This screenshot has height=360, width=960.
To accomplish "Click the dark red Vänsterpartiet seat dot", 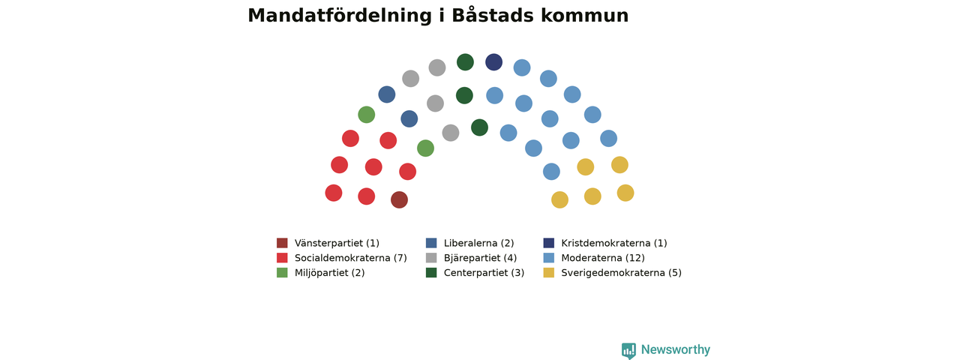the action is click(399, 199).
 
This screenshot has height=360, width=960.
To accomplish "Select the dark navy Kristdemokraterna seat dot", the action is click(493, 62).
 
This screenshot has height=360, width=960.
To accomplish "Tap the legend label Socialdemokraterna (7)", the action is click(350, 258).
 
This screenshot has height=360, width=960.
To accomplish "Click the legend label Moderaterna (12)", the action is click(603, 258).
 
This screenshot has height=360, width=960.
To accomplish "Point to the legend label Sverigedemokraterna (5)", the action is click(622, 273).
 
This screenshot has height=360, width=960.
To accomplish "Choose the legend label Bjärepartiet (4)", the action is click(481, 258).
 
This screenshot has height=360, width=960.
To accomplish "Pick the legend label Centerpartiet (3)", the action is click(484, 273).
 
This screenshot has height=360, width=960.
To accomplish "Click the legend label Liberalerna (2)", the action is click(478, 243).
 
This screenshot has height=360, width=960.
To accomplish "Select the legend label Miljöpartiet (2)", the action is click(329, 273).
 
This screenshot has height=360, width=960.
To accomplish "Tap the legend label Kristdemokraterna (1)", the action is click(614, 243).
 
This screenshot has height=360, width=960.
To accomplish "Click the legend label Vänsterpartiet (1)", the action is click(337, 243).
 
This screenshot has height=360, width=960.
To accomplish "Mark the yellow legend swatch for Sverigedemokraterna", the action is click(548, 272).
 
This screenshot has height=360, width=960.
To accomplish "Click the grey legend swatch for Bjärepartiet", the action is click(431, 257).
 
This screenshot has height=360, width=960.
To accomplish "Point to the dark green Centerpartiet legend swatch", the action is click(431, 272).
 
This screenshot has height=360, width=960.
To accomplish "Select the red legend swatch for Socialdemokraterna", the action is click(282, 257).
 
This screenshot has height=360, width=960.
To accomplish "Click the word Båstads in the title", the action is click(493, 16).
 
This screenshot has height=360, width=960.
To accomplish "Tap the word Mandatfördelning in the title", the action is click(340, 16).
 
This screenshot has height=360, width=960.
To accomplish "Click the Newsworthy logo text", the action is click(676, 349).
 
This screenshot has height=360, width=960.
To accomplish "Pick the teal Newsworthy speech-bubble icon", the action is click(628, 350).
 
